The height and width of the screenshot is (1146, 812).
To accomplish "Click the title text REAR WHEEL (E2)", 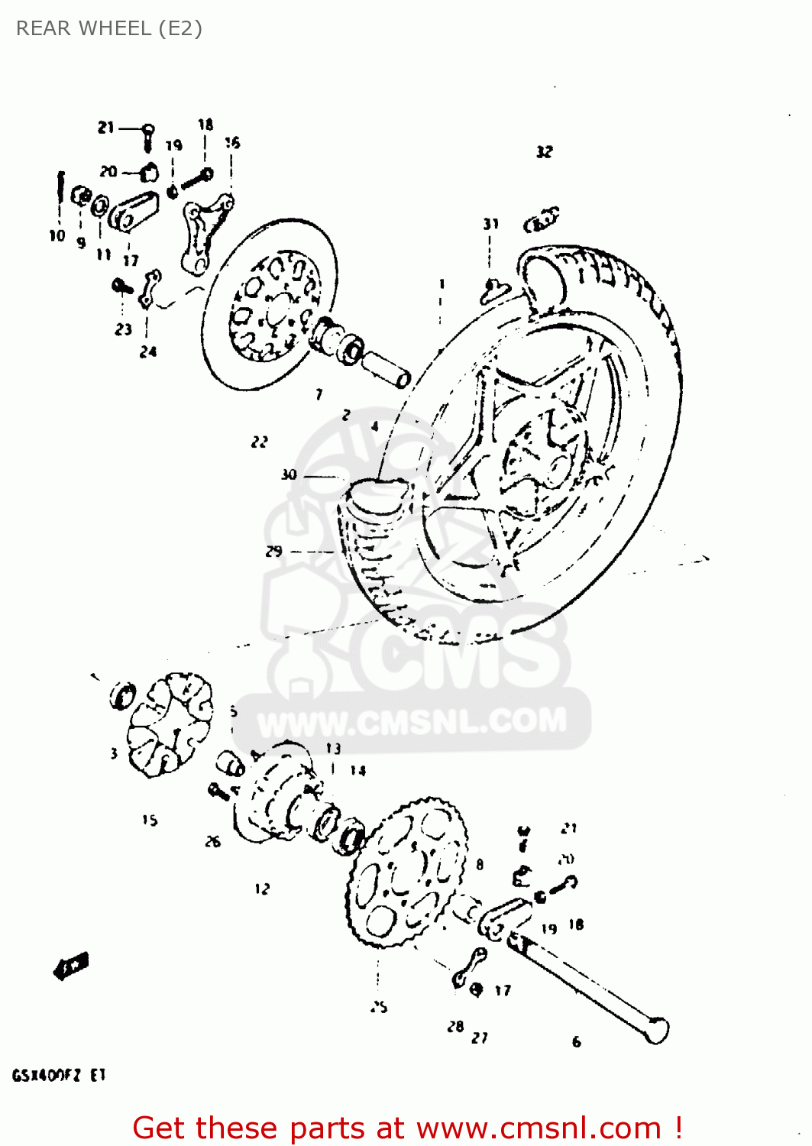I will (108, 28).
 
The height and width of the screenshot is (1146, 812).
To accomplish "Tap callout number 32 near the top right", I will (544, 152).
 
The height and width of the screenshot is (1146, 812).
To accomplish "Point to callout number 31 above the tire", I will (490, 224).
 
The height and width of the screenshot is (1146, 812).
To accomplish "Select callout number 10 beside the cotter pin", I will (57, 235).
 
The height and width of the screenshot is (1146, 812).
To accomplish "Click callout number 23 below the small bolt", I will (124, 329).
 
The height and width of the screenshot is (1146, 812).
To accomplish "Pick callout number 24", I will (148, 351).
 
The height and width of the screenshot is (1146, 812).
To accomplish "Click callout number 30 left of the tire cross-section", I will (289, 474).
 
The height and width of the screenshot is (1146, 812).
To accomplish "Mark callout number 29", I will (273, 551).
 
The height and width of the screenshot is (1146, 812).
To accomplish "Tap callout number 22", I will (260, 442).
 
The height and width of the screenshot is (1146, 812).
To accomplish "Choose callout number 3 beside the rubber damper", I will (114, 753).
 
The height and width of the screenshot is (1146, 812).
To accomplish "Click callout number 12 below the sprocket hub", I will (262, 889).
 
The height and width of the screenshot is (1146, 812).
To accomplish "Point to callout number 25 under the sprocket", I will (380, 1007).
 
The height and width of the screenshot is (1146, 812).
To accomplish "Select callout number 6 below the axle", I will (577, 1041).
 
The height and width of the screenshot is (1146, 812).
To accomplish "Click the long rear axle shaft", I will (588, 986).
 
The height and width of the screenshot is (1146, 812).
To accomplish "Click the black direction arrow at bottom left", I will (71, 966).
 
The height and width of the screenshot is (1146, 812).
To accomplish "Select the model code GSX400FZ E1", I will (59, 1076).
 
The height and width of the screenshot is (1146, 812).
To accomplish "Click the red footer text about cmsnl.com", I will (406, 1128).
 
